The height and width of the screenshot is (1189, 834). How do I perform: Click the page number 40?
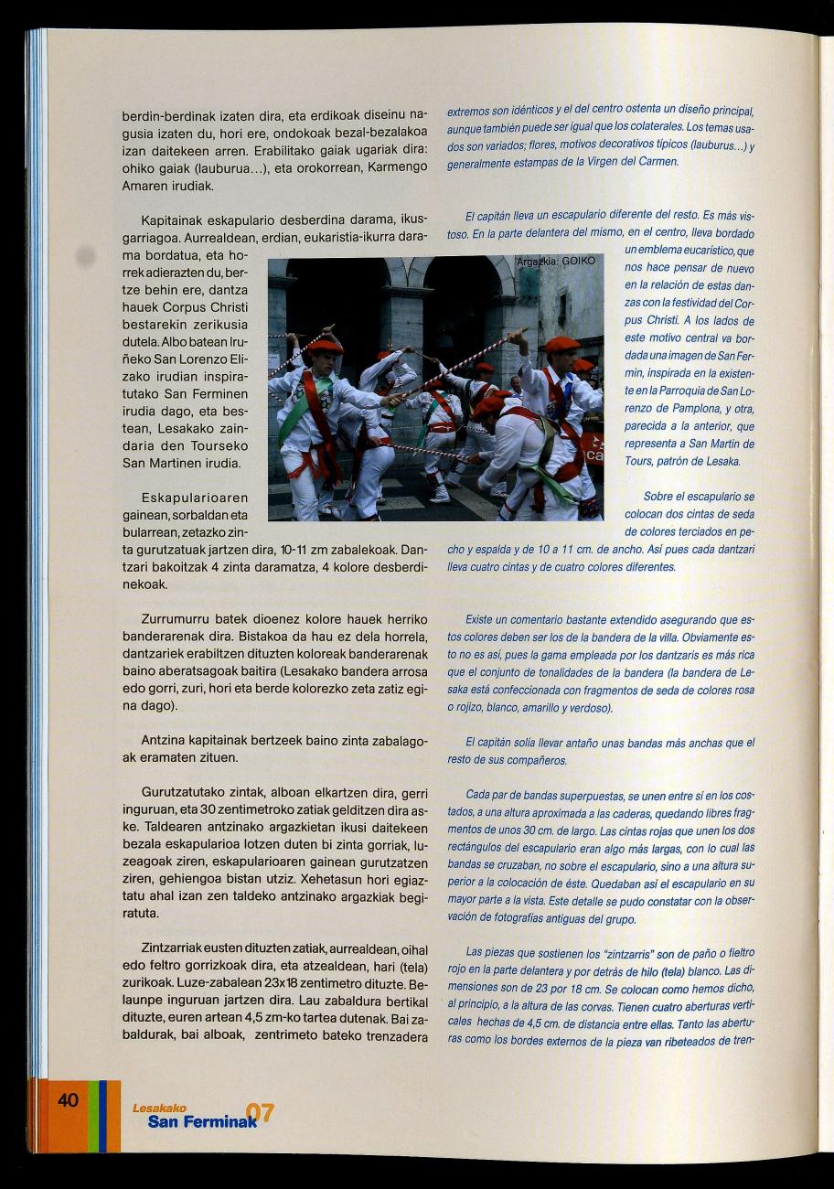(68, 1100)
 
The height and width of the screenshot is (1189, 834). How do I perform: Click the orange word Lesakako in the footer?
(153, 1109)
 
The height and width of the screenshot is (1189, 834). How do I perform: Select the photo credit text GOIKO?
(576, 262)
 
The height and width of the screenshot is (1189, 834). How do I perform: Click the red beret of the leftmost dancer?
(325, 346)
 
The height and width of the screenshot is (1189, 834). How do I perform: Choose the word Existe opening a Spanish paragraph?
(482, 620)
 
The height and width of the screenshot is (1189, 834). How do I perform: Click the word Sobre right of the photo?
(661, 498)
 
